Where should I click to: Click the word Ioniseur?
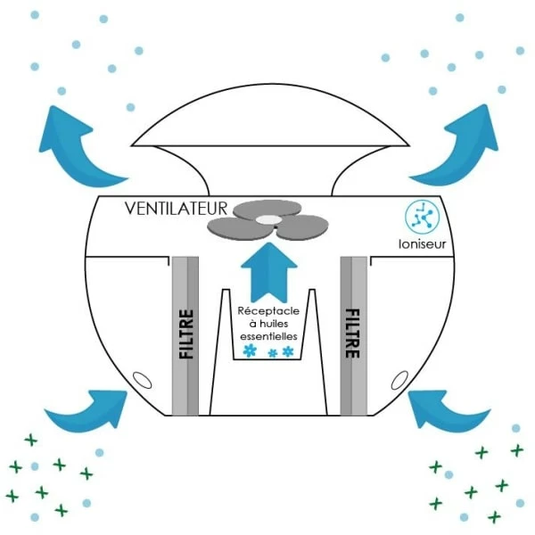coord(420,243)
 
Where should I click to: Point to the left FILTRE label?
coord(186,333)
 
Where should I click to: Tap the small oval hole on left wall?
coord(140,380)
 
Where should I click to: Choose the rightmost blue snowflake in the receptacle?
coord(288,352)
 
